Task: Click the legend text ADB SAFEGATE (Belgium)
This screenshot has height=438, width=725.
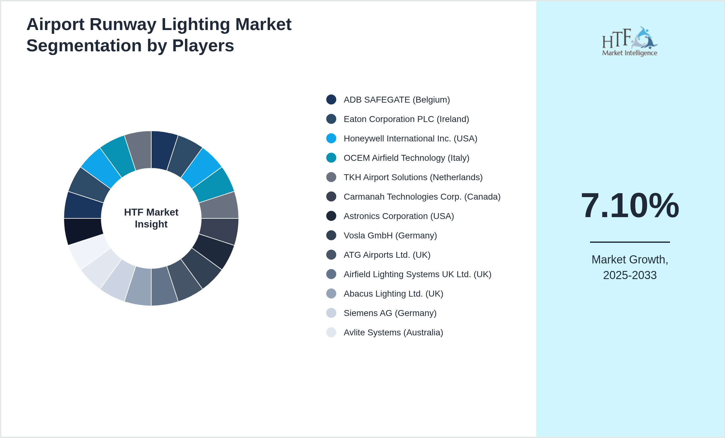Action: (397, 100)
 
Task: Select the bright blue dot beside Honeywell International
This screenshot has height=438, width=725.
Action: (331, 138)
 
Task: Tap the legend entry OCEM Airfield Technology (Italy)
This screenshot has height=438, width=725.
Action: (406, 158)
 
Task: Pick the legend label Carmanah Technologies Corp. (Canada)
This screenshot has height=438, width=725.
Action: (422, 197)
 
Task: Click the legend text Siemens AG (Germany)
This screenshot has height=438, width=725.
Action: (390, 313)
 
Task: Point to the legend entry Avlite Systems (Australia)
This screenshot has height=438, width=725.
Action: (393, 333)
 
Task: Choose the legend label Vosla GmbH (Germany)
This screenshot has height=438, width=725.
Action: (390, 236)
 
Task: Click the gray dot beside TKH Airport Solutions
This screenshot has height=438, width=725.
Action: (331, 177)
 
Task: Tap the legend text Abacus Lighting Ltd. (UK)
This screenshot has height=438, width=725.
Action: (393, 294)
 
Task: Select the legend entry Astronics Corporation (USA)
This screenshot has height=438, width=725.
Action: (398, 216)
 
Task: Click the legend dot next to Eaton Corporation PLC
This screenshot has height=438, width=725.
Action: (331, 119)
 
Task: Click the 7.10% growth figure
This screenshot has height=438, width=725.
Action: (630, 206)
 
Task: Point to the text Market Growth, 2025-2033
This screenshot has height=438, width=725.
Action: (630, 267)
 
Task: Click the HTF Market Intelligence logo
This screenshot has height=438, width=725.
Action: (630, 42)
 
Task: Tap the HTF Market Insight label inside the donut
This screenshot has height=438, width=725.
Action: (151, 218)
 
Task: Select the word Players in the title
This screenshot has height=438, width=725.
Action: (203, 46)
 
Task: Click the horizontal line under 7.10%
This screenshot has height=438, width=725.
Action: (630, 242)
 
